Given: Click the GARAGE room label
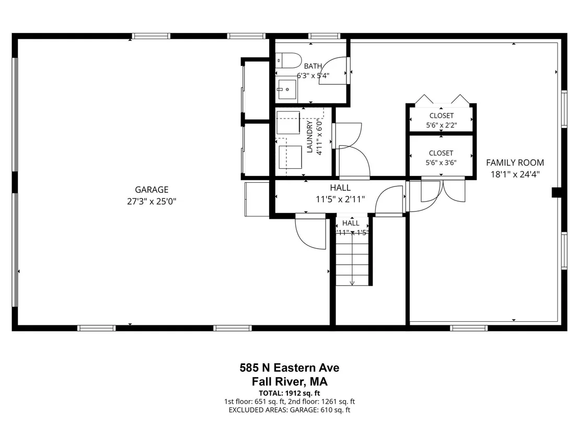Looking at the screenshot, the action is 152,190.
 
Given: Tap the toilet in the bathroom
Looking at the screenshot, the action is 288,60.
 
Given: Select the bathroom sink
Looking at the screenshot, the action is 287,89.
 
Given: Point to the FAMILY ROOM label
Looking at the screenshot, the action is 515,163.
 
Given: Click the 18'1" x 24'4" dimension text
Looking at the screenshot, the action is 515,174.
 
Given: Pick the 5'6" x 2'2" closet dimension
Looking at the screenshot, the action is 441,125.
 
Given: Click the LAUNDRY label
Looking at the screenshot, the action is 309,136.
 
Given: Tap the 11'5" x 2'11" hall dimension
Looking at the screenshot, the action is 340,200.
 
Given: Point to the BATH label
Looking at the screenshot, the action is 313,66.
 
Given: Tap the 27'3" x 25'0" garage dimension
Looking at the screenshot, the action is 152,202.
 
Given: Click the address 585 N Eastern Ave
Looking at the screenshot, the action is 289,368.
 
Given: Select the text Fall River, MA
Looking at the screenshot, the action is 289,381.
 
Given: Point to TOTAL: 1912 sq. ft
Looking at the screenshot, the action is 289,393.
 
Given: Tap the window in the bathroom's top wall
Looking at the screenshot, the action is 324,36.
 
